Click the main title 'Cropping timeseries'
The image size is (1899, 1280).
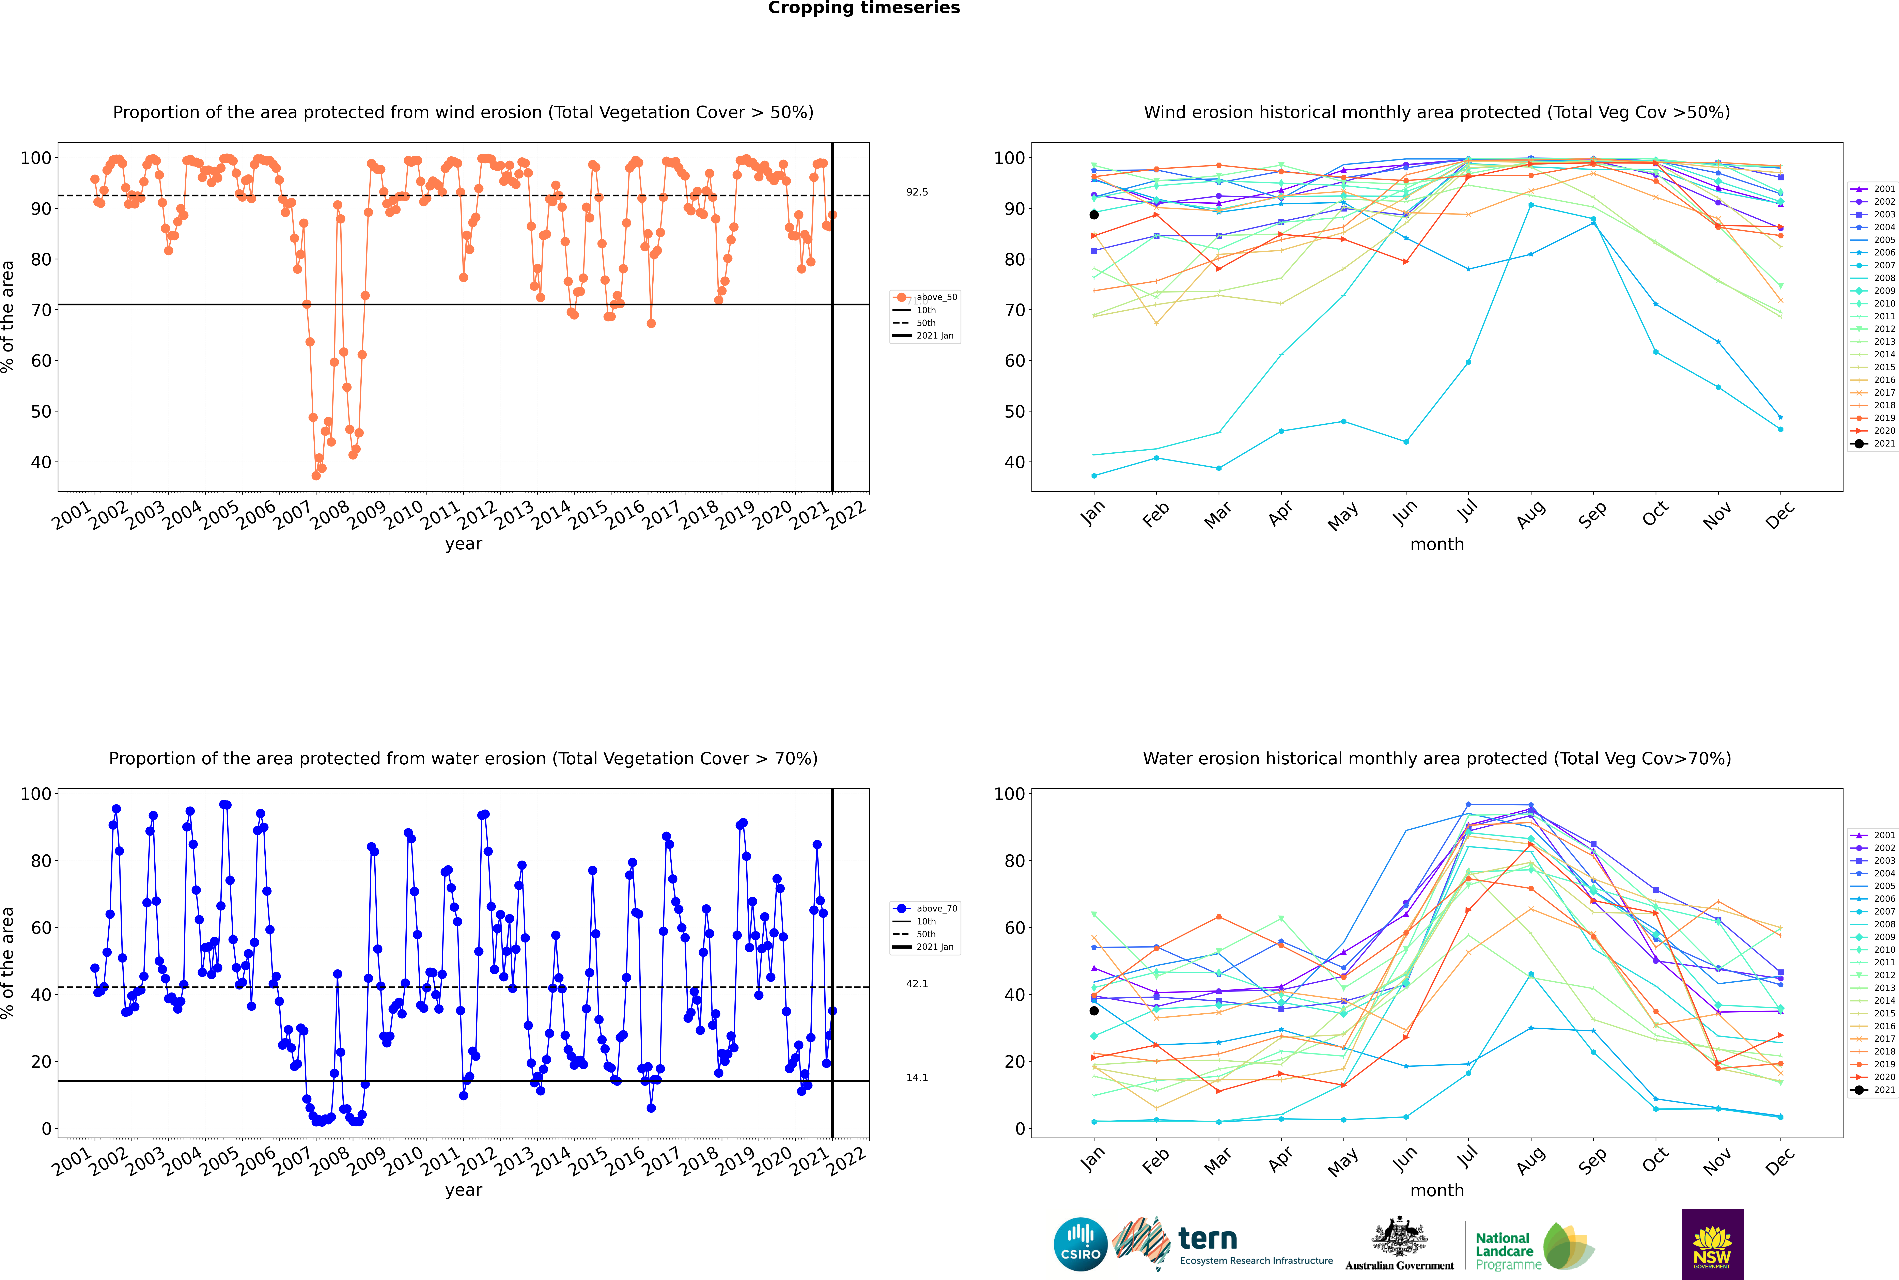pos(864,8)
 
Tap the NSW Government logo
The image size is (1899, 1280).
pos(1712,1244)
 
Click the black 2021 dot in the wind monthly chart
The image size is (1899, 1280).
pos(1094,215)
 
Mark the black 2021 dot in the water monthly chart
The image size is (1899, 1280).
pos(1094,1011)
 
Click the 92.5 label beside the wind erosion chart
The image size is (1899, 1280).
pos(917,192)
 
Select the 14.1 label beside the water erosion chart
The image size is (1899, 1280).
pos(917,1078)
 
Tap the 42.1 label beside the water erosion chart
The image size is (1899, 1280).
pos(917,984)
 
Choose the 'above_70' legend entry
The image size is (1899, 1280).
pos(925,909)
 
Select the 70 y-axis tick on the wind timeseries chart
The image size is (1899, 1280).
pos(41,310)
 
